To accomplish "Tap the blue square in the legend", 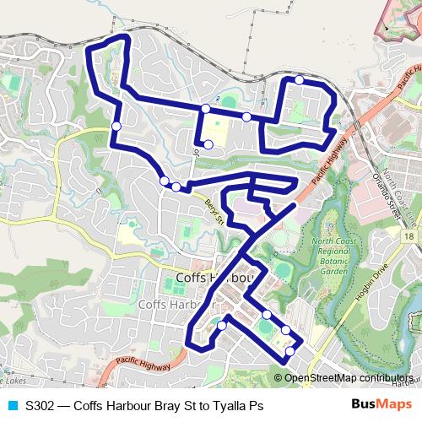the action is point(12,406).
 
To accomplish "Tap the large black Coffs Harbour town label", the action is point(216,279).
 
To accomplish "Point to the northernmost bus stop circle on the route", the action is point(300,80).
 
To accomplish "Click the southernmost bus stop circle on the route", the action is point(290,351).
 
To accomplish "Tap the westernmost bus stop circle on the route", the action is point(116,127).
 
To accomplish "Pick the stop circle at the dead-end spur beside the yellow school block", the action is point(208,144).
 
